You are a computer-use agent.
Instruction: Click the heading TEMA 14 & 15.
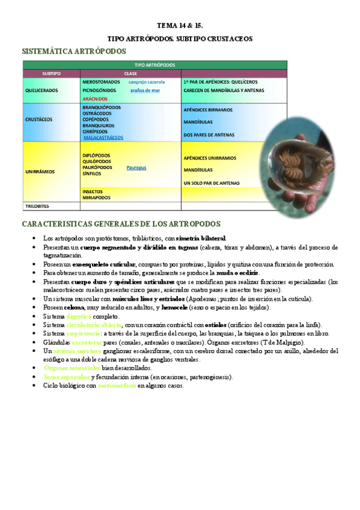tap(180, 25)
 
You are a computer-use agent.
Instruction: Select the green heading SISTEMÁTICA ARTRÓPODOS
tap(74, 51)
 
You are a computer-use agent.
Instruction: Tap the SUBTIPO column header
tap(51, 73)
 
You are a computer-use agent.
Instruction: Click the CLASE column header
tap(130, 73)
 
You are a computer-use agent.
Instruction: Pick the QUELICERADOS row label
tap(41, 90)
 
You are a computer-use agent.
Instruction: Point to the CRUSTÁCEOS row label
tap(39, 119)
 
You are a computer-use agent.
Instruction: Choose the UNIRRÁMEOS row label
tap(40, 171)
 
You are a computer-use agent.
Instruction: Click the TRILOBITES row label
tap(37, 206)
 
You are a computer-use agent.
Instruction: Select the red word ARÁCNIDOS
tap(95, 99)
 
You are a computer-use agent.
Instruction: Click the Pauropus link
tap(136, 168)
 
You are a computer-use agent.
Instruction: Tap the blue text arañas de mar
tap(145, 90)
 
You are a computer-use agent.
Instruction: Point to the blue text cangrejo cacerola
tap(147, 81)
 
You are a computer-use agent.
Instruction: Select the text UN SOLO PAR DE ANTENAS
tap(212, 182)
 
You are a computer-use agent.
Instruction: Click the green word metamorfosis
tap(117, 386)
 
